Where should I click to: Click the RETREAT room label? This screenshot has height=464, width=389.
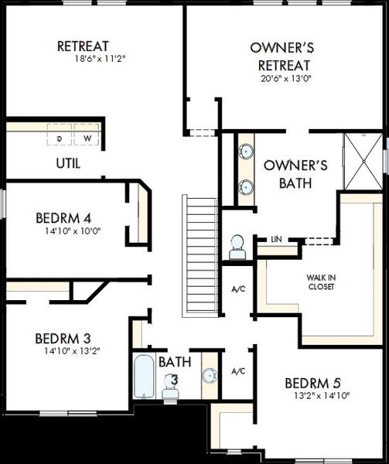click(83, 46)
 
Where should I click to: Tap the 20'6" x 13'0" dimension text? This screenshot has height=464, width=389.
click(286, 79)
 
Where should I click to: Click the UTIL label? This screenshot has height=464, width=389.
click(68, 163)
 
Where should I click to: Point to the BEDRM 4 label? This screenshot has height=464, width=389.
click(63, 218)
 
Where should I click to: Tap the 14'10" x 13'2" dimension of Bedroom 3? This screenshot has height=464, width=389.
click(72, 351)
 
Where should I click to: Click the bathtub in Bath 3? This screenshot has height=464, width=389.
click(144, 376)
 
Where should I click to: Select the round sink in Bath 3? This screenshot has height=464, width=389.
click(210, 376)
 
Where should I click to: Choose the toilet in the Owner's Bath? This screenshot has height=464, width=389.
click(237, 247)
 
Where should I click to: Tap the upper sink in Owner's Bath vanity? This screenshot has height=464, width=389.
click(246, 152)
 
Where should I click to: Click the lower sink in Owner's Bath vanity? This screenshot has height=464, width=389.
click(246, 187)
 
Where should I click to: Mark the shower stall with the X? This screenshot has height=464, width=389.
click(363, 162)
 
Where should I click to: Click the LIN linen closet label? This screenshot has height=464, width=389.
click(276, 239)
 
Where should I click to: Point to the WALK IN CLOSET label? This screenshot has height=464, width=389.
click(321, 282)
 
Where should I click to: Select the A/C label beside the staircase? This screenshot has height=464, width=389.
click(238, 289)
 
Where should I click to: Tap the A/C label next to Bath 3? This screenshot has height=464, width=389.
click(238, 371)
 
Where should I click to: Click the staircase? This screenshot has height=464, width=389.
click(200, 256)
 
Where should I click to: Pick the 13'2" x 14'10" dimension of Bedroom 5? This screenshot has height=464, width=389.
click(322, 396)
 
